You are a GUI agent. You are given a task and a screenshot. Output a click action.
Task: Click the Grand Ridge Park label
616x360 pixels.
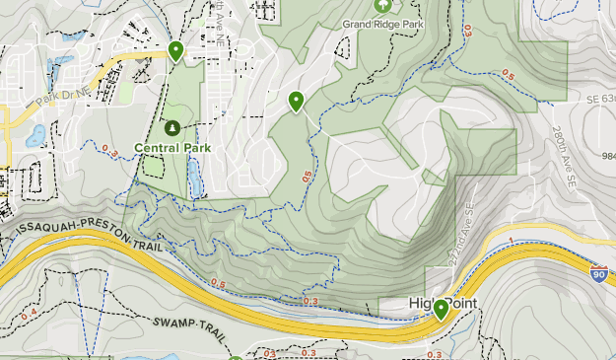point(381,22)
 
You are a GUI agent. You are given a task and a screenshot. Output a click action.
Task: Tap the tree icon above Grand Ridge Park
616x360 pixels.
point(381,5)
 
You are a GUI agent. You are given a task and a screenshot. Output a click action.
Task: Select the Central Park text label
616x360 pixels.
point(172,148)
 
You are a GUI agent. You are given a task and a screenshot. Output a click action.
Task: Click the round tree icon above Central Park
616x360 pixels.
point(172,128)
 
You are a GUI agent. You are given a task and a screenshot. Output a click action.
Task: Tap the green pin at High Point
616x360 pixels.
point(441,309)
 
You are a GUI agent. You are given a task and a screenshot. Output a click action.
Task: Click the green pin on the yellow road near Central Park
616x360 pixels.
point(175,50)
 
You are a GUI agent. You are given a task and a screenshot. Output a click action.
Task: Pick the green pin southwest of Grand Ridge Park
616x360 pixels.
point(296,100)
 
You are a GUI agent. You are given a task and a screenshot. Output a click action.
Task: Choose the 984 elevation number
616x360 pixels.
point(607,156)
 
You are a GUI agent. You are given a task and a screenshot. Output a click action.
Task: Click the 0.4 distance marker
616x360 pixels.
point(30,314)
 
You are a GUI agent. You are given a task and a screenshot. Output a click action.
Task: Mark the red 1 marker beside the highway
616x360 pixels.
point(512,240)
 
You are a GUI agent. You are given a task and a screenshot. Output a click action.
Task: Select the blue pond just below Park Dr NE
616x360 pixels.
point(36,132)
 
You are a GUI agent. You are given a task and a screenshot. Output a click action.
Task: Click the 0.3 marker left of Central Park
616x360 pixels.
point(108,151)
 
